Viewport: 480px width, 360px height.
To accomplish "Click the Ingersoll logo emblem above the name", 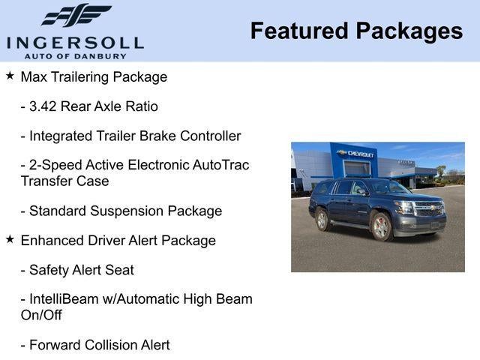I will click(75, 15).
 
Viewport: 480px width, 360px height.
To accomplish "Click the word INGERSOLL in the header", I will click(75, 41).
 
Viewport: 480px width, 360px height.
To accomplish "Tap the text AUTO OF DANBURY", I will click(75, 56).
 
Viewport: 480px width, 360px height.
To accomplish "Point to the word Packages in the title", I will click(409, 31).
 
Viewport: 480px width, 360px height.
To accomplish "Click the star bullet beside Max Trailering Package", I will click(10, 76).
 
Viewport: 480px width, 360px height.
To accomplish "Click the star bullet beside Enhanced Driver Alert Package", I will click(10, 239).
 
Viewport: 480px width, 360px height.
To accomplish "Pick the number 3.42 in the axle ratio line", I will click(43, 106).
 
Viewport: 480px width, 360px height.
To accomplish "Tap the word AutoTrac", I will click(218, 165).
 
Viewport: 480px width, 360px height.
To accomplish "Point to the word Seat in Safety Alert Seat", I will click(119, 269).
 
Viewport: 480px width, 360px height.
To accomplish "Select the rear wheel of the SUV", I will click(322, 220).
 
